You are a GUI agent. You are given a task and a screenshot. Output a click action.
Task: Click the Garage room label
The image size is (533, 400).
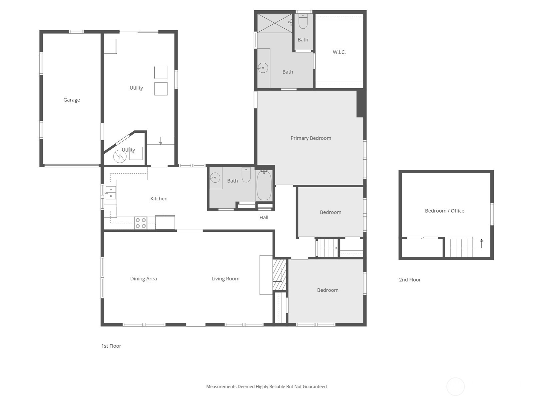(x=72, y=100)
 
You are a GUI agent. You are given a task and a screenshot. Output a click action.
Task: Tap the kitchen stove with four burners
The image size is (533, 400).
(x=141, y=223)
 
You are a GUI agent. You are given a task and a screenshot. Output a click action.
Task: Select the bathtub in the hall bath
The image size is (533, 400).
(x=264, y=186)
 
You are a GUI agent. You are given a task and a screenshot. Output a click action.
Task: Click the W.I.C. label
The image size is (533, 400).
(x=339, y=52)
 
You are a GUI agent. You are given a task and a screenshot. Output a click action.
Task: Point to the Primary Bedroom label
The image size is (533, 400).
(x=310, y=138)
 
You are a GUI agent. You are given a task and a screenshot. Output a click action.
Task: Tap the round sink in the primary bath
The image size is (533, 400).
(x=263, y=68)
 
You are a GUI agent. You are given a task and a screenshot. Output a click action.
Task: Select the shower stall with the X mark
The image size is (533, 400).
(x=274, y=23)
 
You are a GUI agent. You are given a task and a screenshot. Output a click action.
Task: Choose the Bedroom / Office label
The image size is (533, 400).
(x=444, y=211)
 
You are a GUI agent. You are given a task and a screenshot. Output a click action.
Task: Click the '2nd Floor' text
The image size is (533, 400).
(x=410, y=280)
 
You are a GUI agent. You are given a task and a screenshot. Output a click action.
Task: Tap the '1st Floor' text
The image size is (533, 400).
(x=111, y=346)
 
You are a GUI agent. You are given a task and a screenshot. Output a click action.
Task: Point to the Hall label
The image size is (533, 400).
(x=264, y=217)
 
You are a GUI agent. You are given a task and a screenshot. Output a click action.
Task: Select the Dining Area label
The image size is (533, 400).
(x=143, y=279)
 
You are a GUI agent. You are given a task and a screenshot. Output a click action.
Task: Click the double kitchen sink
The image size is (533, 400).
(x=111, y=193)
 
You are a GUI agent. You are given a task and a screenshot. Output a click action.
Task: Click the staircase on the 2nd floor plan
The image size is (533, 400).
(x=459, y=247)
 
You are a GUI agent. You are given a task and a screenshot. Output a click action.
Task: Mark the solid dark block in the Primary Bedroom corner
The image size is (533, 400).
(x=360, y=103)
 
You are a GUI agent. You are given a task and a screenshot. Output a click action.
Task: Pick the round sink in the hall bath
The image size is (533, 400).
(x=215, y=178)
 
